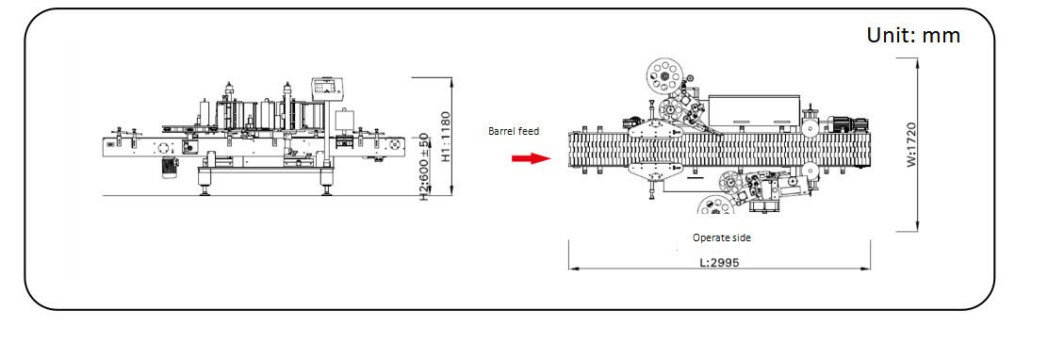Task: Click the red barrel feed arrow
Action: click(x=531, y=158)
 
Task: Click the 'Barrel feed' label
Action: click(x=514, y=132)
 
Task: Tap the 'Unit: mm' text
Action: click(x=913, y=35)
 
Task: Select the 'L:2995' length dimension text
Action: click(x=719, y=263)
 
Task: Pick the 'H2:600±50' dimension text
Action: click(x=424, y=168)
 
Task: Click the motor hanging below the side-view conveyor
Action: click(x=167, y=168)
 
